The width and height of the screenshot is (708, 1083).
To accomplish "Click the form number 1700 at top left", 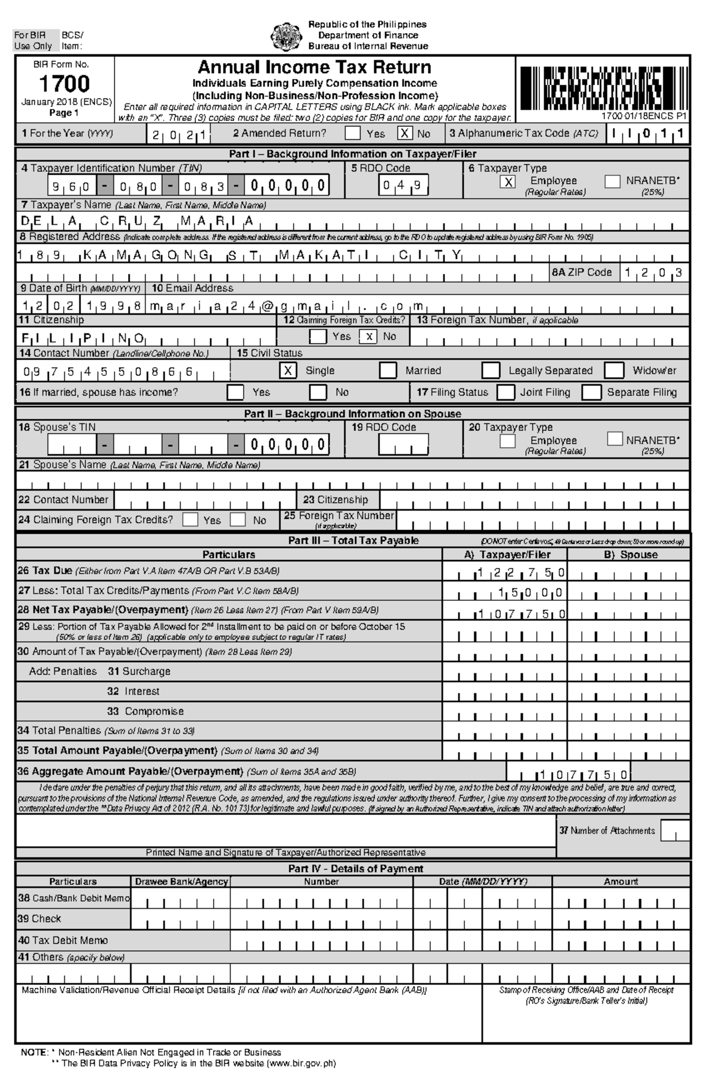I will pos(64,84).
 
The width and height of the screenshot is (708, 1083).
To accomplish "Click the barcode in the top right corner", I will pos(602,88).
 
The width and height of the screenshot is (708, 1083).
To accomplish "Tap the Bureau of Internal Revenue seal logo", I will pos(286,36).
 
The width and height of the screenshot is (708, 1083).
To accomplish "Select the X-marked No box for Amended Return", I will pos(404,133).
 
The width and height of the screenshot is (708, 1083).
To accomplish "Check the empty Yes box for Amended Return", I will pos(352,133).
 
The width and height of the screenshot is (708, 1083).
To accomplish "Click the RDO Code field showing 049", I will pos(404,185).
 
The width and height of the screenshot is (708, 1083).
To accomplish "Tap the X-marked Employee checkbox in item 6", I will pos(508,182).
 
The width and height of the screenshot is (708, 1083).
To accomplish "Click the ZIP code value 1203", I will pos(654,273).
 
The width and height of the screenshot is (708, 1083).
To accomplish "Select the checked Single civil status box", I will pos(287,371).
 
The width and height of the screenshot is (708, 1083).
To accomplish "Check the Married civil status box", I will pos(388,371).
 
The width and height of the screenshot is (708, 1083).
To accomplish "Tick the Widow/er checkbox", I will pos(614,371).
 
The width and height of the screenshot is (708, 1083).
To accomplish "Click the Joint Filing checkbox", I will pos(506,392).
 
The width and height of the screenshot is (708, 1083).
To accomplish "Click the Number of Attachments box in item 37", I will pos(674,831).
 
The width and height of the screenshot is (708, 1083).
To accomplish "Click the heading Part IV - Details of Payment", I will pos(355,869).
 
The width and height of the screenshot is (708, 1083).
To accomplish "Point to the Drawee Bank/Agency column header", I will pos(181,882).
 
